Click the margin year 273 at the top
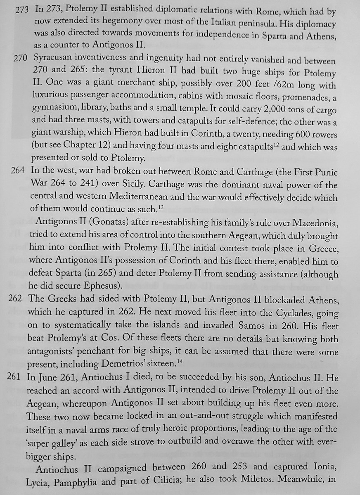point(21,9)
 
